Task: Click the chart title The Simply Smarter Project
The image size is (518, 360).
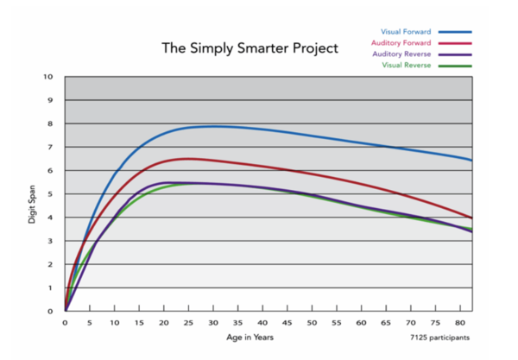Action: coord(250,47)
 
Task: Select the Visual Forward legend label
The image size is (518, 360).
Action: coord(406,31)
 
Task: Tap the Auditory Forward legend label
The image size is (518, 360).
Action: coord(401,42)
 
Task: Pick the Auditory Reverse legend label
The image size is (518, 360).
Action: coord(402,54)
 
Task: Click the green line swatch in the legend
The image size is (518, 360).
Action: coord(455,66)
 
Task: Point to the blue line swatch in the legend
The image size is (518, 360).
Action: coord(455,31)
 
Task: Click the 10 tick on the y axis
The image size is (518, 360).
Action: coord(49,77)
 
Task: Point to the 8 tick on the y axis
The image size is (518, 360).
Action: coord(51,123)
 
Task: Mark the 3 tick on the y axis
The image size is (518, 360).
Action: coord(51,241)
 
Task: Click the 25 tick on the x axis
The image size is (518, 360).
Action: coord(187,323)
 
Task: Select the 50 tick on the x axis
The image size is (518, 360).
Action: coord(312,323)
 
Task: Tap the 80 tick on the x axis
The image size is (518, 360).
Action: coord(461,323)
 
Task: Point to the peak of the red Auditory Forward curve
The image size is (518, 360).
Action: coord(187,158)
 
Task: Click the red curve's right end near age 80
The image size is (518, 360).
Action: coord(471,218)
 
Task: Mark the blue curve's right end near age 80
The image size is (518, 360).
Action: coord(471,160)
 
